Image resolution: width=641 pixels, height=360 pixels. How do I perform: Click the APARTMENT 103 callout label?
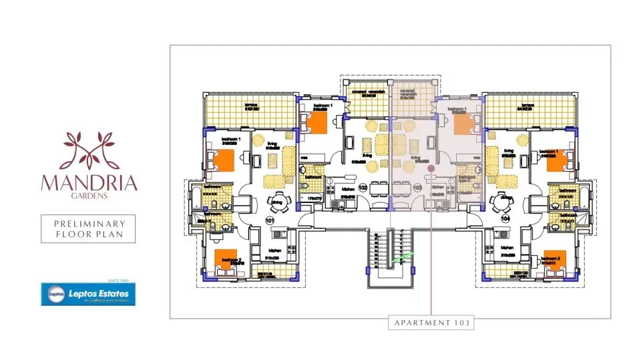coord(431,323)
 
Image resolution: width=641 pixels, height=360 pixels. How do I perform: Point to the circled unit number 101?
coord(270,220)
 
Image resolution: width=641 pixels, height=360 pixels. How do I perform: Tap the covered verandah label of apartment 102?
coord(366,94)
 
